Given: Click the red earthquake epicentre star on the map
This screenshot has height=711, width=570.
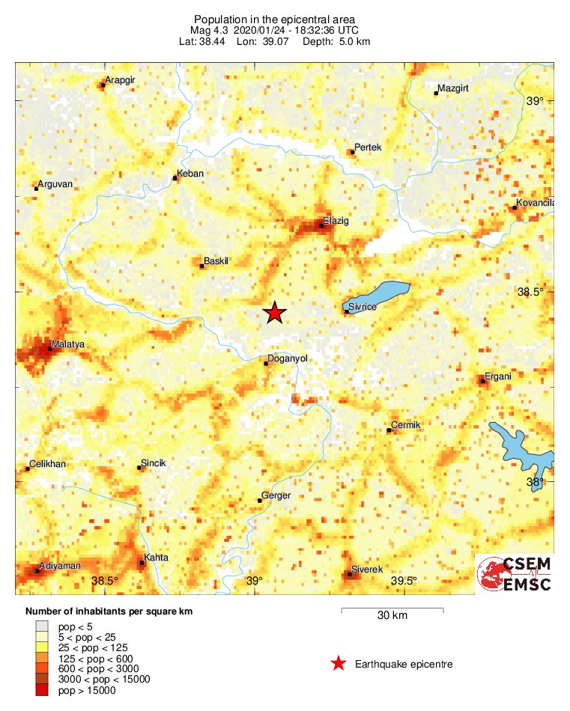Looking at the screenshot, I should pos(275,313).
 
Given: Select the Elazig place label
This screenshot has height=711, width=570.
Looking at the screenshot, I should pos(336,221).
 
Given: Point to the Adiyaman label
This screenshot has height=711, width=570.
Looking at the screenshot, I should pos(60,565).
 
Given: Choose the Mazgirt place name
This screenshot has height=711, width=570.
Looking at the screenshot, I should pos(452,88).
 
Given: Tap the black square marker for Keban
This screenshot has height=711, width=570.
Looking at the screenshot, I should pos(175,178).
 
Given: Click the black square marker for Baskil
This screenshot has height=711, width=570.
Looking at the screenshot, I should pos(202,266).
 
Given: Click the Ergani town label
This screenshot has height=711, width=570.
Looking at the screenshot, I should pos(498,376).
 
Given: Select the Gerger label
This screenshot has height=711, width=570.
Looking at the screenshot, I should pos(276,495).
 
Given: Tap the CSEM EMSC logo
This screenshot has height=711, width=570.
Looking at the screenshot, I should pos(515,574).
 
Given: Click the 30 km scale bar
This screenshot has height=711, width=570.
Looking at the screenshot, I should pos(392,609).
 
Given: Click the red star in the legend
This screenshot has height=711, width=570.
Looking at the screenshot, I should pos(339,663).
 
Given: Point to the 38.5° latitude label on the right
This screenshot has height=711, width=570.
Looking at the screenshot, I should pos(530,292).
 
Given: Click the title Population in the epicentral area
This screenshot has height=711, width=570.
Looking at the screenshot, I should pos(274,19).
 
